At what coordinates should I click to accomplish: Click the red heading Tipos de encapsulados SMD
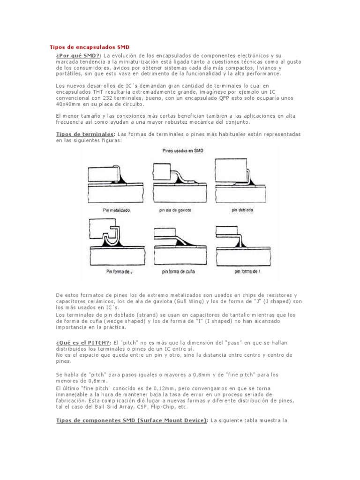[x=90, y=47]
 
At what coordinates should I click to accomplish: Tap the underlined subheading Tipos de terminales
[x=85, y=134]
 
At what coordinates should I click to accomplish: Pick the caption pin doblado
[x=242, y=210]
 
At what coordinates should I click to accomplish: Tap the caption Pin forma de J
[x=116, y=271]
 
